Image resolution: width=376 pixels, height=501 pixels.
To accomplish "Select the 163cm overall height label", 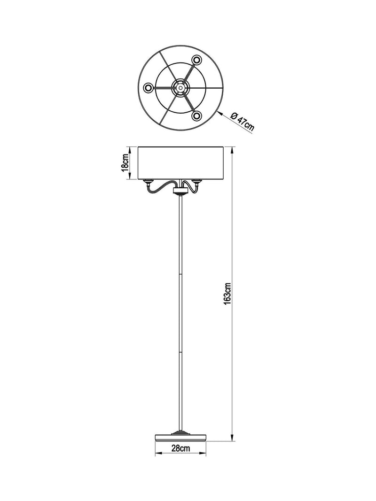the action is pos(227,293).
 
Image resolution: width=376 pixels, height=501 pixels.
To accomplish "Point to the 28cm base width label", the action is pos(180,448).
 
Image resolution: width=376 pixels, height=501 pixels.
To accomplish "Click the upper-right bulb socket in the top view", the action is pos(196,60).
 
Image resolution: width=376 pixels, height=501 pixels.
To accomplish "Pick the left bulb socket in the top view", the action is pos(149,87).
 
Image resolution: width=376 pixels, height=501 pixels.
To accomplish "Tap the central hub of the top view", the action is pos(180,87).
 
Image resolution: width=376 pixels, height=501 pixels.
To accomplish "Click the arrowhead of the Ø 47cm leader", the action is pos(219,113).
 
